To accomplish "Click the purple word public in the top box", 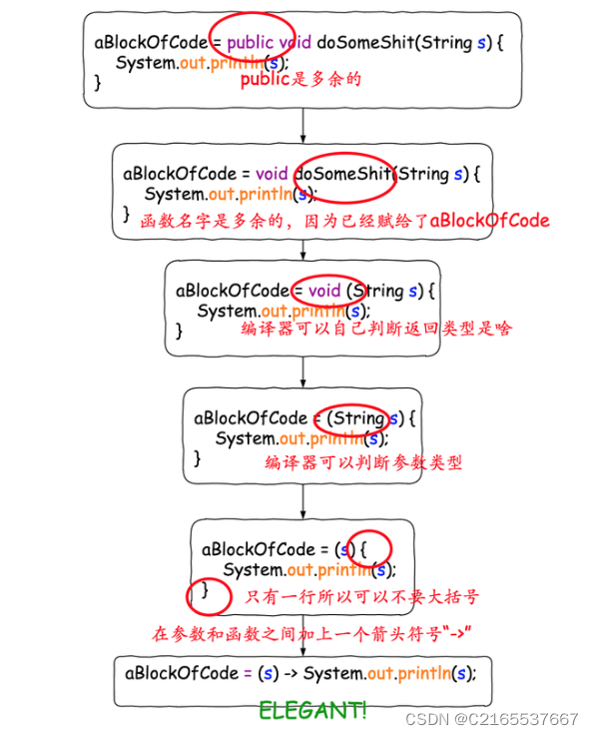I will coord(250,43).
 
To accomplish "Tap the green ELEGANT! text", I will coord(312,711).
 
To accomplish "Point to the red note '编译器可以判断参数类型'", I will coord(363,462).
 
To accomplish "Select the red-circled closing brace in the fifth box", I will coord(206,591).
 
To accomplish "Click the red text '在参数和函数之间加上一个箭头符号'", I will coord(309,633).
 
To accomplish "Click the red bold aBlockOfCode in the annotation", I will coord(489,220).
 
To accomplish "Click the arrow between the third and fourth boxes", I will coord(302,372).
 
